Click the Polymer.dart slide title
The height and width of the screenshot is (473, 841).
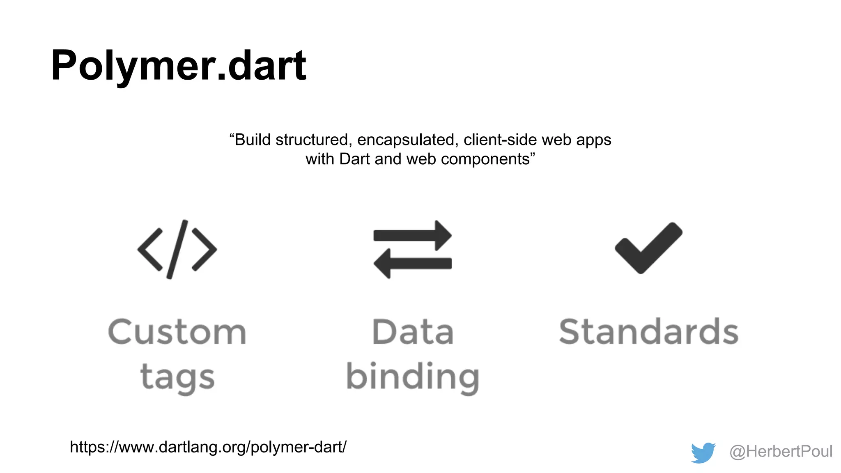point(178,66)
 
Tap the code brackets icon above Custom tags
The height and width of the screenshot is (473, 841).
point(177,249)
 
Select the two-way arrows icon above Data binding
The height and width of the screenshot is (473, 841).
point(413,249)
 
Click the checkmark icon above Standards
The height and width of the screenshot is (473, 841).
point(648,248)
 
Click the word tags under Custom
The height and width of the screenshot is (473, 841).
point(177,377)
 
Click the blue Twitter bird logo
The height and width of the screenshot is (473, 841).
point(703,452)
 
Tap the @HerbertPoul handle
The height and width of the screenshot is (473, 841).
point(781,452)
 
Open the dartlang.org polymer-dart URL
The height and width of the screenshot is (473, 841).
point(208,447)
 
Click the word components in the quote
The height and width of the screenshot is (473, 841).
point(485,159)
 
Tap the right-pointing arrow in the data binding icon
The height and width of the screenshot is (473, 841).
point(413,235)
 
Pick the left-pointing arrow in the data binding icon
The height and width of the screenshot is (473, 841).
point(413,263)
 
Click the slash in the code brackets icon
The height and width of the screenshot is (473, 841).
point(177,249)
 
